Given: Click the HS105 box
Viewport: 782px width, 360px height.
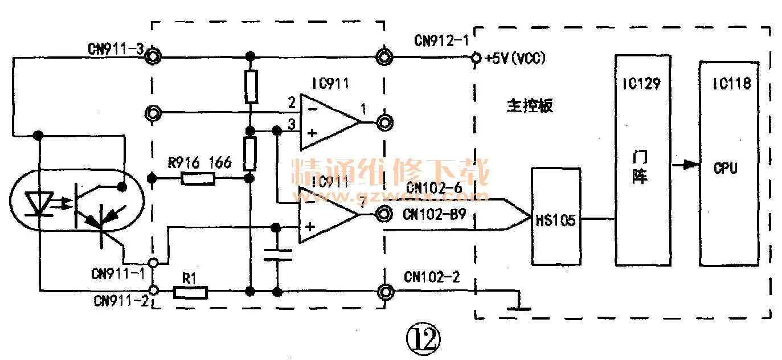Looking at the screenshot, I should point(555,216).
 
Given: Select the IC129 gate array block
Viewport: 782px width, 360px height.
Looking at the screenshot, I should point(642,159).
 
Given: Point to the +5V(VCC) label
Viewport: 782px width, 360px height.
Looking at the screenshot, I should point(514,58).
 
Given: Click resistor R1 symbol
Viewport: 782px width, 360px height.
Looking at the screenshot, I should point(190,292).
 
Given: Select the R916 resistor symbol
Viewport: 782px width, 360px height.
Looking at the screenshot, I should point(198,178).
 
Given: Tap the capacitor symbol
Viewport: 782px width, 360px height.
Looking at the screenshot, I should point(277,255).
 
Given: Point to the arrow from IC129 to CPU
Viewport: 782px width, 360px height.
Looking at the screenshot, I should point(686,165).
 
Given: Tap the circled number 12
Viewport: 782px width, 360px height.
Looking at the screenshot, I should point(423,339).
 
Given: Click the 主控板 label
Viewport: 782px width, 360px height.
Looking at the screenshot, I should point(529,106).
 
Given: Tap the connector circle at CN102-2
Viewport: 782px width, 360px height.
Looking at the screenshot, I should point(384,292).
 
